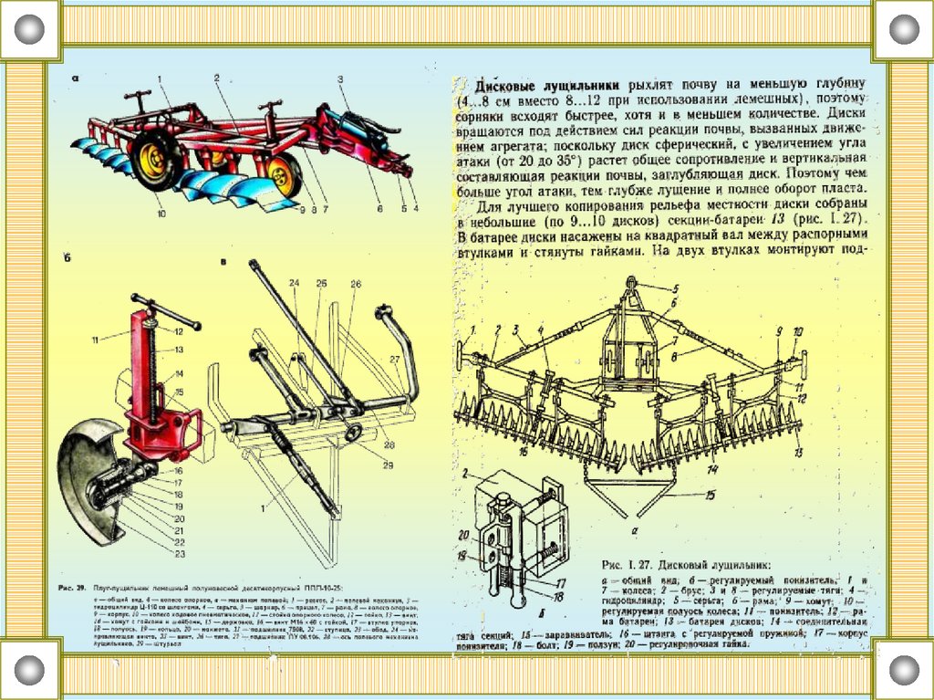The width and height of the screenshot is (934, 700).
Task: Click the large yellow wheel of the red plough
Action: [x=156, y=156]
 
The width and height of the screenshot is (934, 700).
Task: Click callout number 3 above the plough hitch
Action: [x=340, y=80]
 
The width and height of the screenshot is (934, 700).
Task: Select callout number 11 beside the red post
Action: [x=95, y=340]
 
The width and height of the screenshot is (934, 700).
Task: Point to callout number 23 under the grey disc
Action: [x=180, y=554]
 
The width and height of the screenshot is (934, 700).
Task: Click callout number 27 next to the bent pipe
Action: [x=394, y=359]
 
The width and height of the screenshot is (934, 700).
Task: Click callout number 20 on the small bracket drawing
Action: [x=462, y=535]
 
